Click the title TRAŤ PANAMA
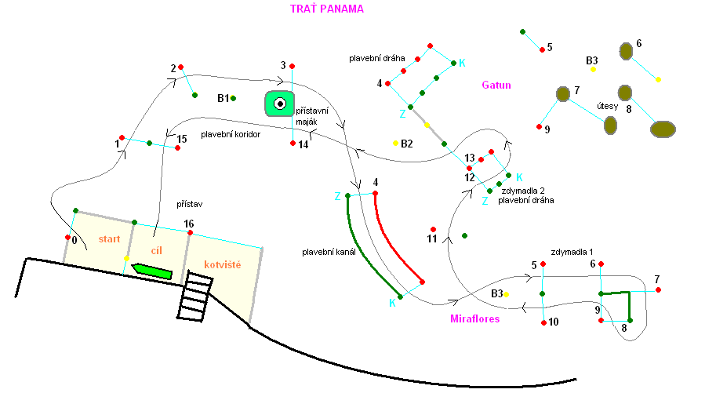(327, 9)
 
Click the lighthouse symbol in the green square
(279, 103)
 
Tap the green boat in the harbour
(152, 271)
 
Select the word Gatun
(496, 85)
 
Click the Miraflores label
(475, 319)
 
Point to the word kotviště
(222, 265)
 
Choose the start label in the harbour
(107, 238)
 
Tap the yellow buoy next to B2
(396, 143)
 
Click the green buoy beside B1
(234, 98)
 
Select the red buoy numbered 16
(190, 233)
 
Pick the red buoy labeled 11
(433, 229)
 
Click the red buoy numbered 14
(293, 144)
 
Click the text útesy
(609, 106)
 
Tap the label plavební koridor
(230, 134)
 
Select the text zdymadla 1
(572, 252)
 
